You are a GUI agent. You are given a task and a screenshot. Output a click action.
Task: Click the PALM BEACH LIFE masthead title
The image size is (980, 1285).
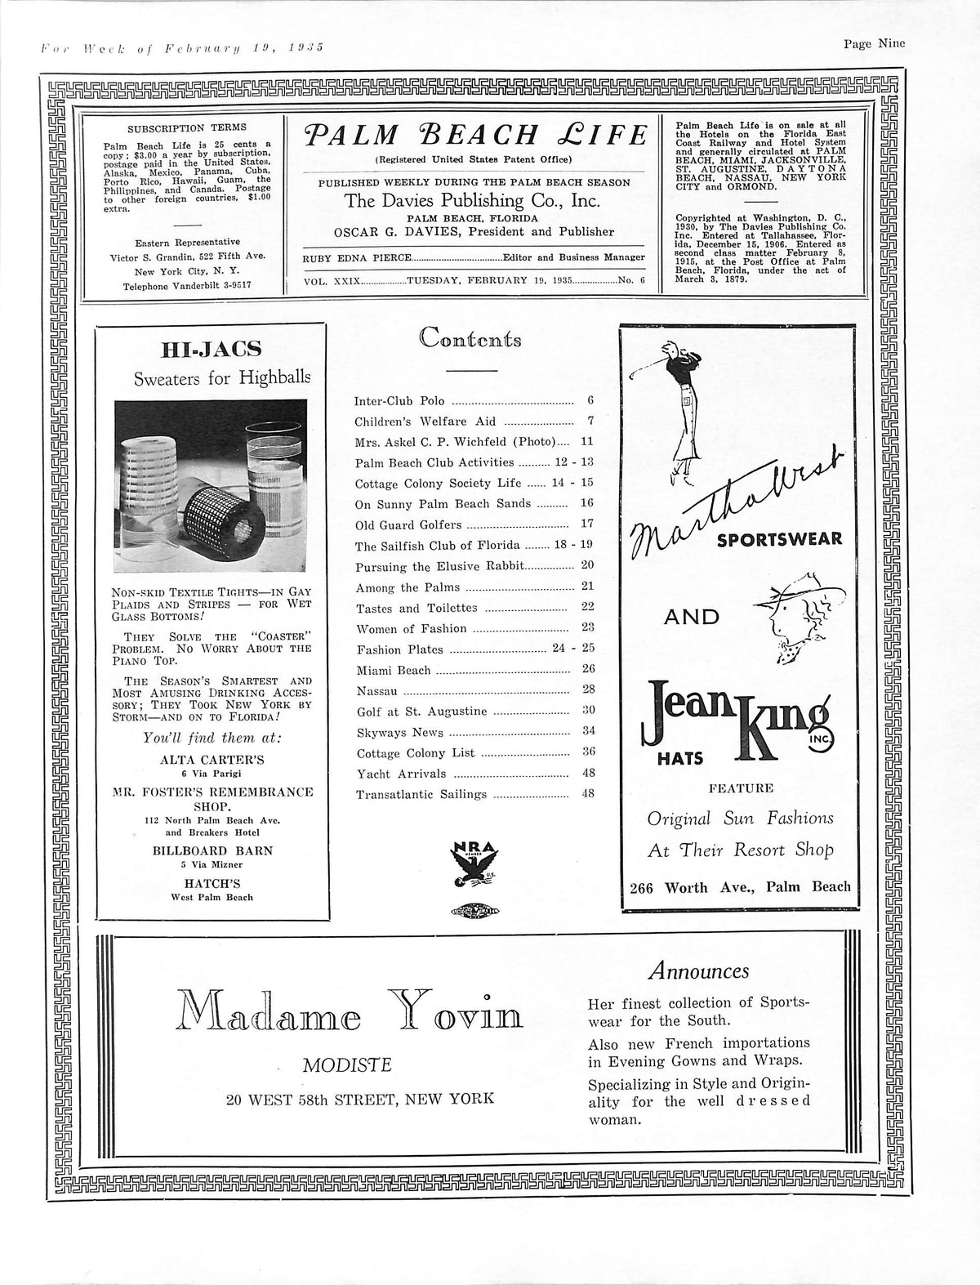pyautogui.click(x=473, y=135)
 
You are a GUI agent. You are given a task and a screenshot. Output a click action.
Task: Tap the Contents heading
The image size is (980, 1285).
pyautogui.click(x=470, y=338)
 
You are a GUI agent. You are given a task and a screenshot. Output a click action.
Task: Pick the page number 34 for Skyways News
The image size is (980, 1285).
pyautogui.click(x=588, y=732)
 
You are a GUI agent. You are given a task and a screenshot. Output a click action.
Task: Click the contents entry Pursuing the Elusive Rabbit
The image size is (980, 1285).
pyautogui.click(x=439, y=566)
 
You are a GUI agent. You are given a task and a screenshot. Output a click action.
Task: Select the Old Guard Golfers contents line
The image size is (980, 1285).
pyautogui.click(x=408, y=524)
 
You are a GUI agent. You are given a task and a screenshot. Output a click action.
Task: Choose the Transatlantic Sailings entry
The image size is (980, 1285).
pyautogui.click(x=421, y=794)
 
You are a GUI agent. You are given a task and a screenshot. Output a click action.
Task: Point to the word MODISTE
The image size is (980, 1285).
pyautogui.click(x=347, y=1064)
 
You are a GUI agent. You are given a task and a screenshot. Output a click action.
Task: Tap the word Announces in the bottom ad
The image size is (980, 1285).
pyautogui.click(x=698, y=971)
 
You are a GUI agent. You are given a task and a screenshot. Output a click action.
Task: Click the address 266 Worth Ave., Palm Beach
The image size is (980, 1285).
pyautogui.click(x=740, y=887)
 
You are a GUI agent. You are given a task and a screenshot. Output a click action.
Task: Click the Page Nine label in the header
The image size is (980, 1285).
pyautogui.click(x=874, y=45)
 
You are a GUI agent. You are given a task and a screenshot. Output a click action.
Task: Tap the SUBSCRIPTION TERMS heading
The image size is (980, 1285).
pyautogui.click(x=187, y=128)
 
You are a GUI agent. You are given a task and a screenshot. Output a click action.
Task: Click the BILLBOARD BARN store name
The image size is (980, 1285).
pyautogui.click(x=212, y=850)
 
